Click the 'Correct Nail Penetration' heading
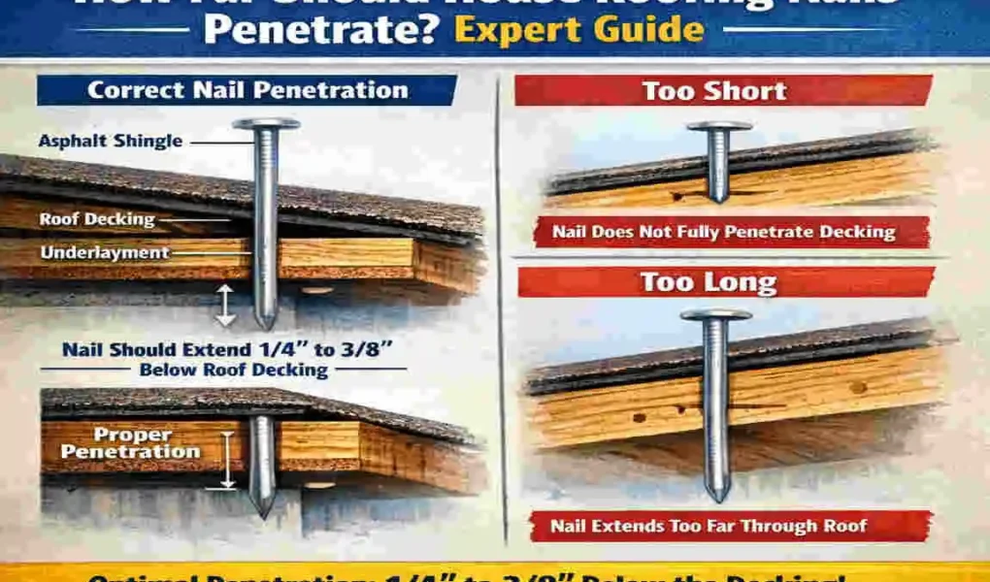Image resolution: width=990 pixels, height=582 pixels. pyautogui.click(x=247, y=91)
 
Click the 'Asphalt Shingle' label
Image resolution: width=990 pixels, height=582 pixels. pyautogui.click(x=110, y=142)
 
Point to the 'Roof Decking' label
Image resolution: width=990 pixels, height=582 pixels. pyautogui.click(x=96, y=219)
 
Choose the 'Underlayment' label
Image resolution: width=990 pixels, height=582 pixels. pyautogui.click(x=105, y=253)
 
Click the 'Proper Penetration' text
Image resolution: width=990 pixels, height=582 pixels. pyautogui.click(x=130, y=442)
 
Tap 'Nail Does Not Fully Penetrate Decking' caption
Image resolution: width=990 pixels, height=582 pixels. pyautogui.click(x=724, y=232)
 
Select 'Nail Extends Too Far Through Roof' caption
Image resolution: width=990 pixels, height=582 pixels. pyautogui.click(x=709, y=527)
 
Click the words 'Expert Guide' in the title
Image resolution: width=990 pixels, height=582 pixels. pyautogui.click(x=578, y=31)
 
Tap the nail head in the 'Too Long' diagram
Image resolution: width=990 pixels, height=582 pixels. pyautogui.click(x=716, y=315)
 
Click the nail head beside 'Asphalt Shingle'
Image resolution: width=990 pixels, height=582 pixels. pyautogui.click(x=265, y=124)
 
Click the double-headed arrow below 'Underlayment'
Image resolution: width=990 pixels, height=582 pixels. pyautogui.click(x=225, y=305)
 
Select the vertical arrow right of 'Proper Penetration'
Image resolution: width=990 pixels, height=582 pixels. pyautogui.click(x=227, y=459)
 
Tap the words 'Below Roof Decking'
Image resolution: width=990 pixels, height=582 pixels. pyautogui.click(x=234, y=370)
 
